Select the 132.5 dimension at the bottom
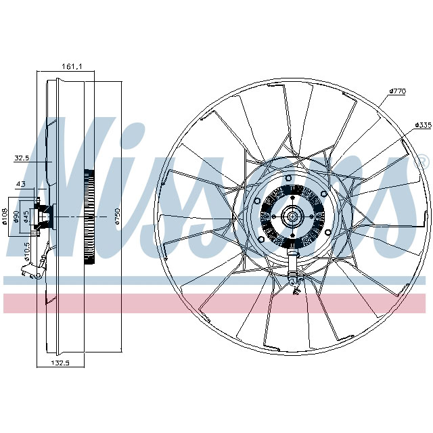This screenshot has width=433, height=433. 62,363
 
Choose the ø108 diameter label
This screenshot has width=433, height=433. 6,216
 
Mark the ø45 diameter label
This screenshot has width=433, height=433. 26,216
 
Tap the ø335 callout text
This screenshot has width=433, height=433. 423,125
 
